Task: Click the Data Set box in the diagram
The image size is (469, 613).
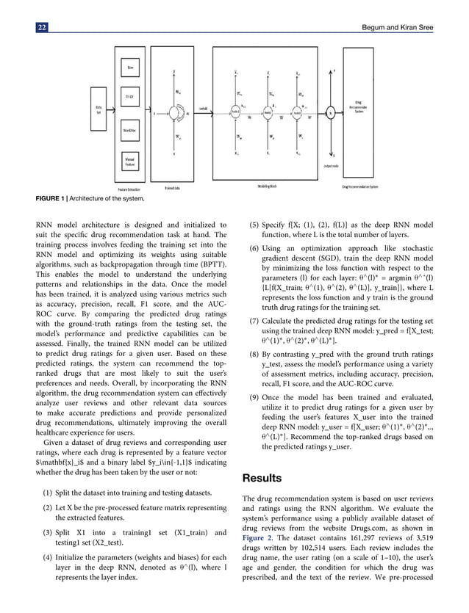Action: coord(99,111)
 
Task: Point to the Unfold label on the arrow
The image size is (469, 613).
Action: coord(204,109)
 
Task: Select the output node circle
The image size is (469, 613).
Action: coord(331,113)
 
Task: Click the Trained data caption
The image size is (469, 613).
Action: coord(174,187)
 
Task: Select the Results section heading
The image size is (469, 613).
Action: coord(265,479)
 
